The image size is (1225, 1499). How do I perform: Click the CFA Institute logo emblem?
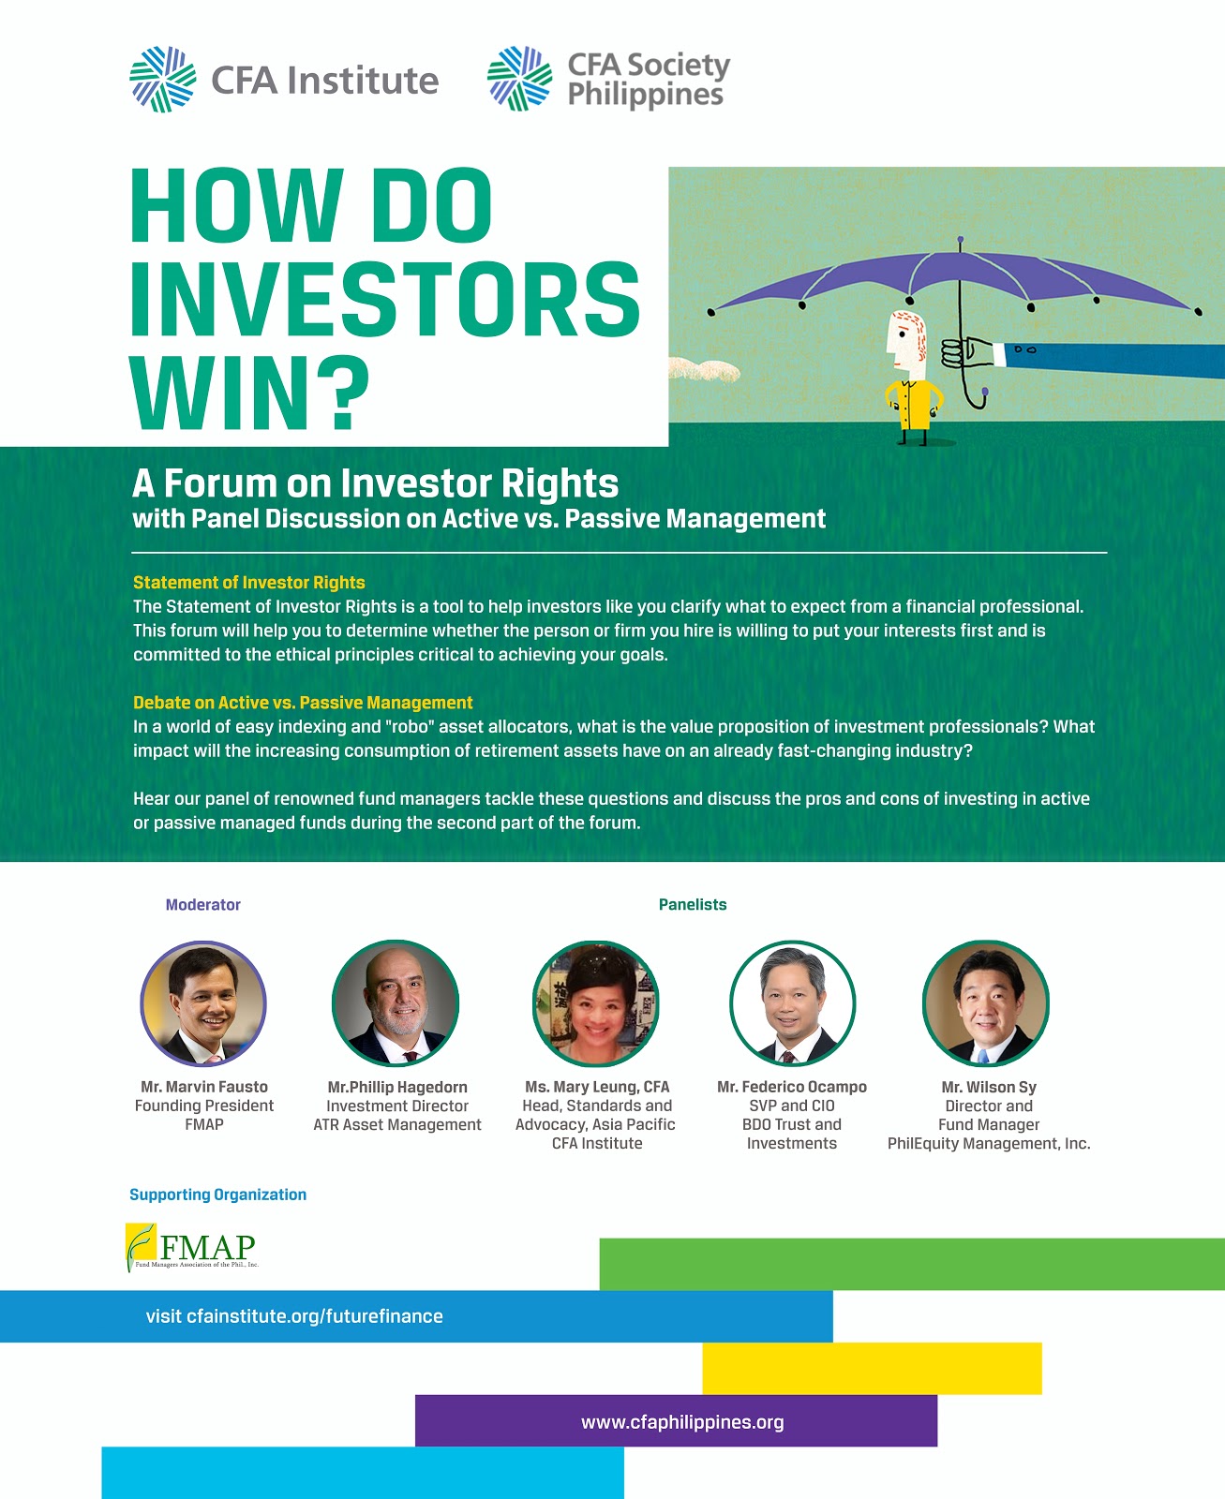pos(163,79)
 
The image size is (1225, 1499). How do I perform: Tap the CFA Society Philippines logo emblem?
pos(520,78)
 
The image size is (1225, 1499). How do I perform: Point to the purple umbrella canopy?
pos(956,278)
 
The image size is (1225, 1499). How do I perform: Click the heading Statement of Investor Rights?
pos(248,583)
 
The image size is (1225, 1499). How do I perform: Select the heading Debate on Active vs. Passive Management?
pos(303,703)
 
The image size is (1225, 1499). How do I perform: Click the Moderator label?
pos(203,905)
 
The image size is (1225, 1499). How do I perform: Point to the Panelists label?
pos(693,905)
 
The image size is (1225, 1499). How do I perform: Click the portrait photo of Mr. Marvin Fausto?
pos(203,1003)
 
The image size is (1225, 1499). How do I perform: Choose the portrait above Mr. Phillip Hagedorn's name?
pos(396,1002)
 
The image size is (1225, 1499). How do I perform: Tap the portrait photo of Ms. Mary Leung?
pos(596,1003)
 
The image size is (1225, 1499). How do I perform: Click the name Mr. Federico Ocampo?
pos(791,1087)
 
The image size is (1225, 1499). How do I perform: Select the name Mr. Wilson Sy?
pos(989,1087)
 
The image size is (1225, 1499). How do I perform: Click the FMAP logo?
pos(192,1247)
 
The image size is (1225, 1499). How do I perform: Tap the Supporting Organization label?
pos(217,1195)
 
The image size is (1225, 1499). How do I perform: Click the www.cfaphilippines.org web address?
pos(682,1422)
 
